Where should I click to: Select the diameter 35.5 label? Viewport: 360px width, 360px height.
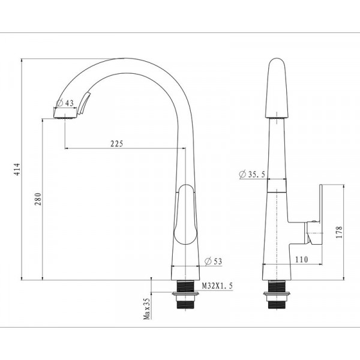click(x=253, y=175)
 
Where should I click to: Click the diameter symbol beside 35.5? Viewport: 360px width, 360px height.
click(x=242, y=175)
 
